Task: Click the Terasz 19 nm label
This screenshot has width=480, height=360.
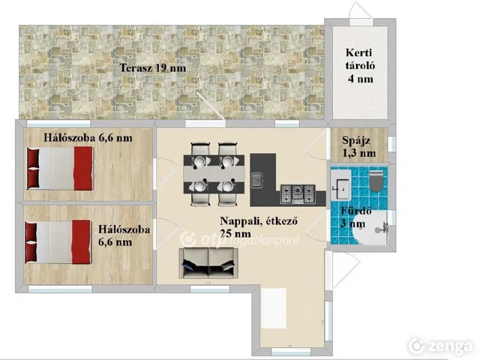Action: click(153, 67)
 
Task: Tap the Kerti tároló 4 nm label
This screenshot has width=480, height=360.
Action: click(360, 65)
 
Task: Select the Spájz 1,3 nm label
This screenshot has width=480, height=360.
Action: click(358, 147)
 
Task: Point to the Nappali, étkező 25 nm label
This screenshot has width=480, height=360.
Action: click(259, 227)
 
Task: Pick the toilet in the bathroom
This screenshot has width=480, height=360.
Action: click(376, 181)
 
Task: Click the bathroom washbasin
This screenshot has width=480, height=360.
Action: click(340, 185)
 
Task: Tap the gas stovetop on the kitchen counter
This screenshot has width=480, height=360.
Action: click(298, 194)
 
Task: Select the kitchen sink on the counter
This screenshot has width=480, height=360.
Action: click(256, 180)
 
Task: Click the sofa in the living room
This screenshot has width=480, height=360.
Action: click(208, 263)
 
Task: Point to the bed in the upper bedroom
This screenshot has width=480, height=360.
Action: click(60, 168)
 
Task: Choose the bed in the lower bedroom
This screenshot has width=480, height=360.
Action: click(58, 241)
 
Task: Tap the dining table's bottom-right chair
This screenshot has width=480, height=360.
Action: click(227, 193)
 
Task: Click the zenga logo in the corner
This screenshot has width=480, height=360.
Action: click(441, 346)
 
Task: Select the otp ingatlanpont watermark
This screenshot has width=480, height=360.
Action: click(240, 240)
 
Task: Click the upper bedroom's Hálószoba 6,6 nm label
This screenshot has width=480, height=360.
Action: click(88, 138)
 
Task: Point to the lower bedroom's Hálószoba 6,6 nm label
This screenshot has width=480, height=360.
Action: click(124, 235)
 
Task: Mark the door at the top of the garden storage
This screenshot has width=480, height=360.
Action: click(361, 13)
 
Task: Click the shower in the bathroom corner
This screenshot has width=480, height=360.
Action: click(370, 227)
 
